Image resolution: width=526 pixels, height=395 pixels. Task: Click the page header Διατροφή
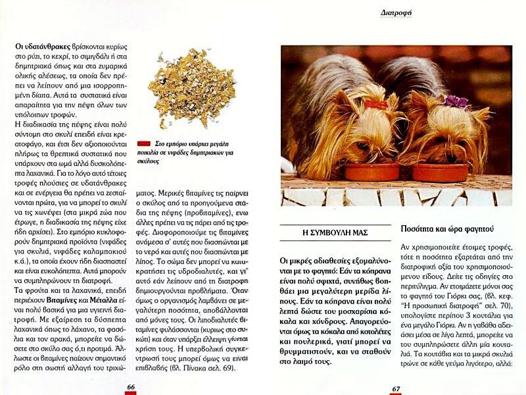tap(396, 12)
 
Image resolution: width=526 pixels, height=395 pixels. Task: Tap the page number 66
tap(131, 387)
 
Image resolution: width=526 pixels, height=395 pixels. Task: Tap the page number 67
tap(396, 388)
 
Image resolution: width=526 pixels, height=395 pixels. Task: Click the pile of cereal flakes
tap(191, 88)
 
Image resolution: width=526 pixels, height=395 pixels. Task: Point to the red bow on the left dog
tap(377, 105)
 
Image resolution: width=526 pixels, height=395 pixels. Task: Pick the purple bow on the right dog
tap(456, 101)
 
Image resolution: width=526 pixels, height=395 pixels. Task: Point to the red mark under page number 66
tap(131, 393)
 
